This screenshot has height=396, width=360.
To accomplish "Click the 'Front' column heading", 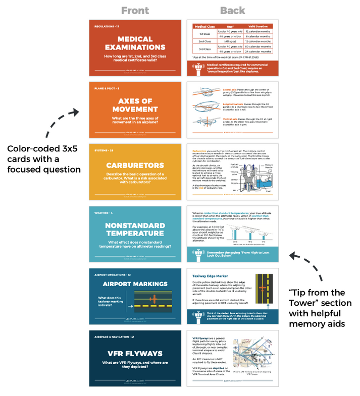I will pyautogui.click(x=135, y=10).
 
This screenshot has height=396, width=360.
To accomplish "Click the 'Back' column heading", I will pyautogui.click(x=232, y=10).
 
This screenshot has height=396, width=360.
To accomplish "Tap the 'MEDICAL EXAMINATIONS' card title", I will pyautogui.click(x=135, y=43).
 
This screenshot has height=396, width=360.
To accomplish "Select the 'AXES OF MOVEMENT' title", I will pyautogui.click(x=135, y=105).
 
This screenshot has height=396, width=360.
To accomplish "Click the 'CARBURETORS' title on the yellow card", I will pyautogui.click(x=135, y=165).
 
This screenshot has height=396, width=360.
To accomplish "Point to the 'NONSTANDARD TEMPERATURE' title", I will pyautogui.click(x=135, y=230).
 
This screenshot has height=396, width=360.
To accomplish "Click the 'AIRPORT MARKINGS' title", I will pyautogui.click(x=135, y=284).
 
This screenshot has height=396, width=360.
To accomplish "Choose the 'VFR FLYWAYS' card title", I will pyautogui.click(x=135, y=353).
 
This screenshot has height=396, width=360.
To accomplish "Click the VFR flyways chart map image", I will pyautogui.click(x=254, y=351).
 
